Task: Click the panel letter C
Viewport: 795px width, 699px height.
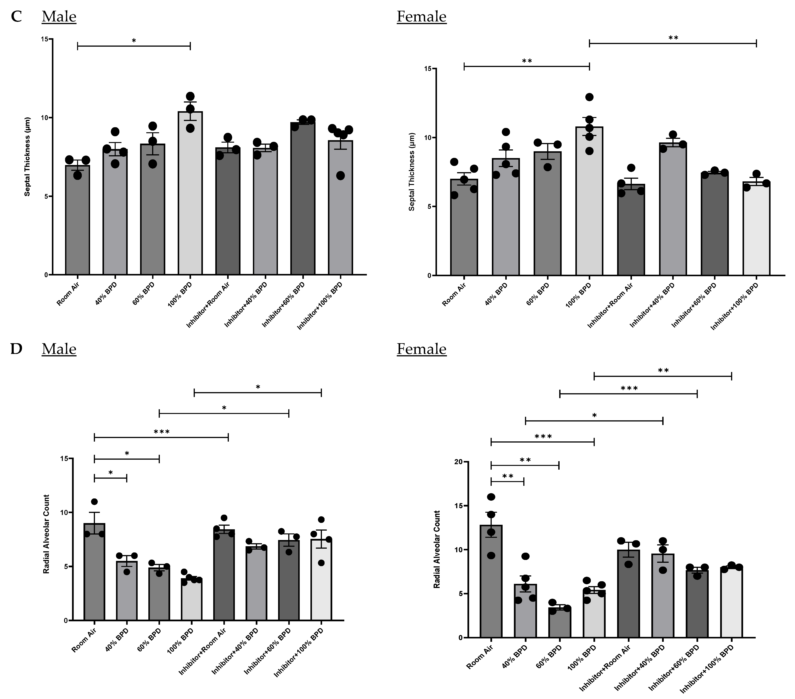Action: pyautogui.click(x=16, y=17)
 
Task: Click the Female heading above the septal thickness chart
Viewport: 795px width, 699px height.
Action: pyautogui.click(x=421, y=17)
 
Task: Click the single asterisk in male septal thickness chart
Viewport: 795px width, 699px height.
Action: pyautogui.click(x=134, y=40)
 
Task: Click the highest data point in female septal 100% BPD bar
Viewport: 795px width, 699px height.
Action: pyautogui.click(x=589, y=97)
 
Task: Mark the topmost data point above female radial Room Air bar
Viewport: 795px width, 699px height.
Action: pyautogui.click(x=491, y=497)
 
